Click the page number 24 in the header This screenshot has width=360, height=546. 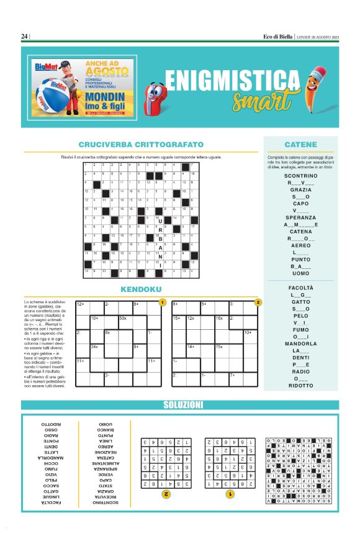pos(24,37)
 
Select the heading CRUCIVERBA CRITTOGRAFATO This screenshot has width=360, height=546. pos(141,145)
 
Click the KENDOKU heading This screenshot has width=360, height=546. pos(141,289)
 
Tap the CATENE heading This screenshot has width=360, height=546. pos(300,145)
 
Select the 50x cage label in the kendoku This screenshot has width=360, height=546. pos(122,318)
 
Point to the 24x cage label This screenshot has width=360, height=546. pos(94,347)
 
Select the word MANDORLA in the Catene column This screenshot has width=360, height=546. pos(300,344)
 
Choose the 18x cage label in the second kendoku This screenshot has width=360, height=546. pos(219,318)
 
